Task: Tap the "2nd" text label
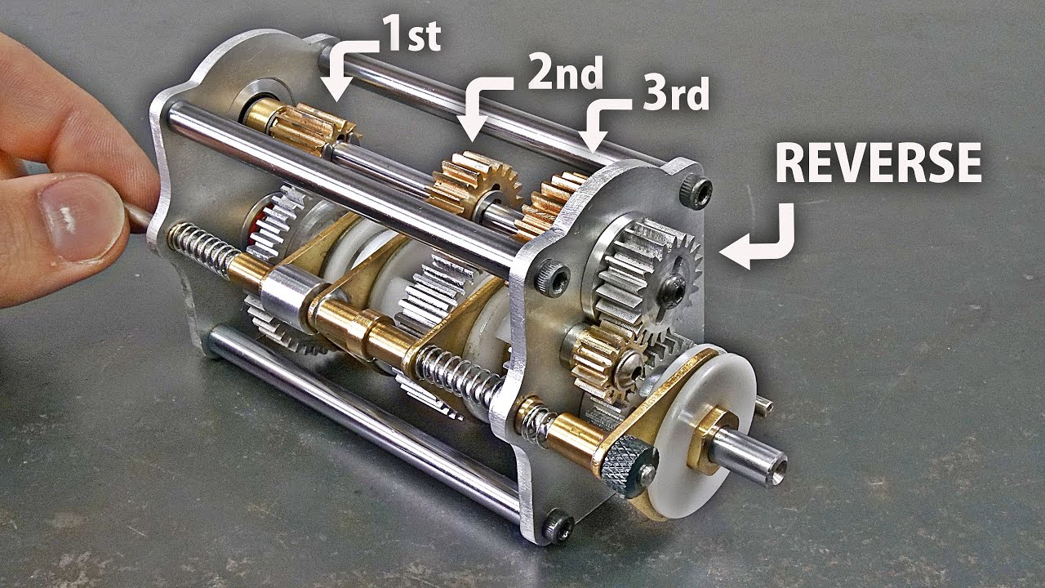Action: [566, 73]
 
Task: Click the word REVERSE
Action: [878, 163]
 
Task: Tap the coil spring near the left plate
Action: [204, 249]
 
